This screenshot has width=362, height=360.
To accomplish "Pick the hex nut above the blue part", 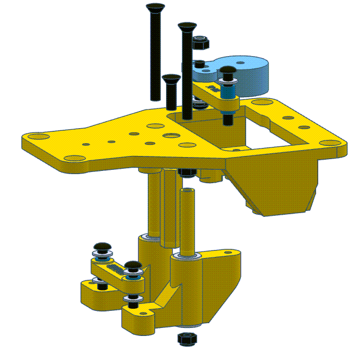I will (x=201, y=41).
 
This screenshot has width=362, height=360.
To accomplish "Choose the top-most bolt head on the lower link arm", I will (x=101, y=247).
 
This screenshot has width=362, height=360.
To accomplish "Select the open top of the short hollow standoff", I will (x=187, y=190).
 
